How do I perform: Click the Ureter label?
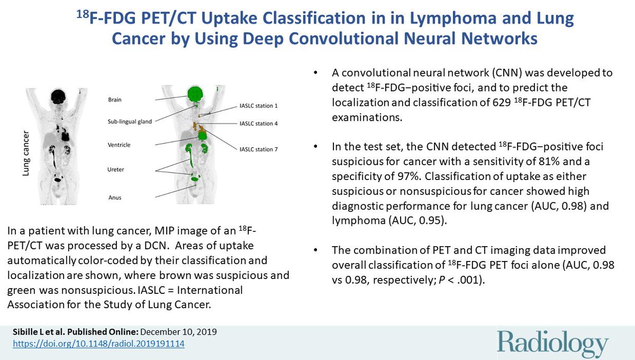click(x=116, y=169)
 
